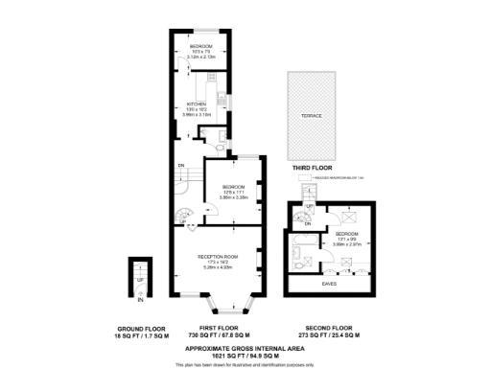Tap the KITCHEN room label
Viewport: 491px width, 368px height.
tap(197, 106)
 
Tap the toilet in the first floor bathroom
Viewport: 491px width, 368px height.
tap(221, 148)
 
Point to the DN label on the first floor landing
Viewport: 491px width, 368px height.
tap(182, 165)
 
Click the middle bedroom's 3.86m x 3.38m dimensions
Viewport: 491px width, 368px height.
tap(233, 196)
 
